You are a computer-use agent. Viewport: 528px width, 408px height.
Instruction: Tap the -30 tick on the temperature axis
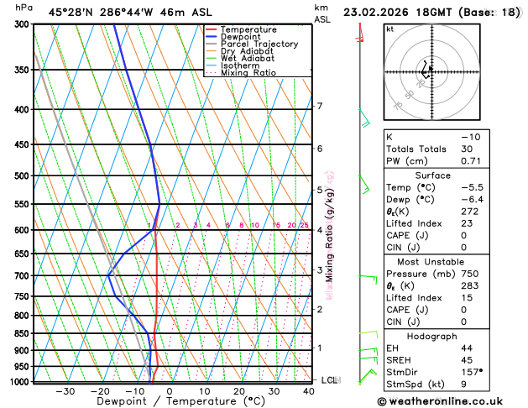click(65, 391)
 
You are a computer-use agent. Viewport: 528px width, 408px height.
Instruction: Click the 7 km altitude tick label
click(319, 106)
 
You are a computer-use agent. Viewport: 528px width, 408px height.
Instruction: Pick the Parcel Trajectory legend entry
click(259, 44)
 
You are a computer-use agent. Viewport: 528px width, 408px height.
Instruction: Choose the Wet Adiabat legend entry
click(247, 59)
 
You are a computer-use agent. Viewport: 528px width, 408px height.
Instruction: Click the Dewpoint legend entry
click(240, 37)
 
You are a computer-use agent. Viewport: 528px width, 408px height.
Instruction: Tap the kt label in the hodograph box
click(389, 29)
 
